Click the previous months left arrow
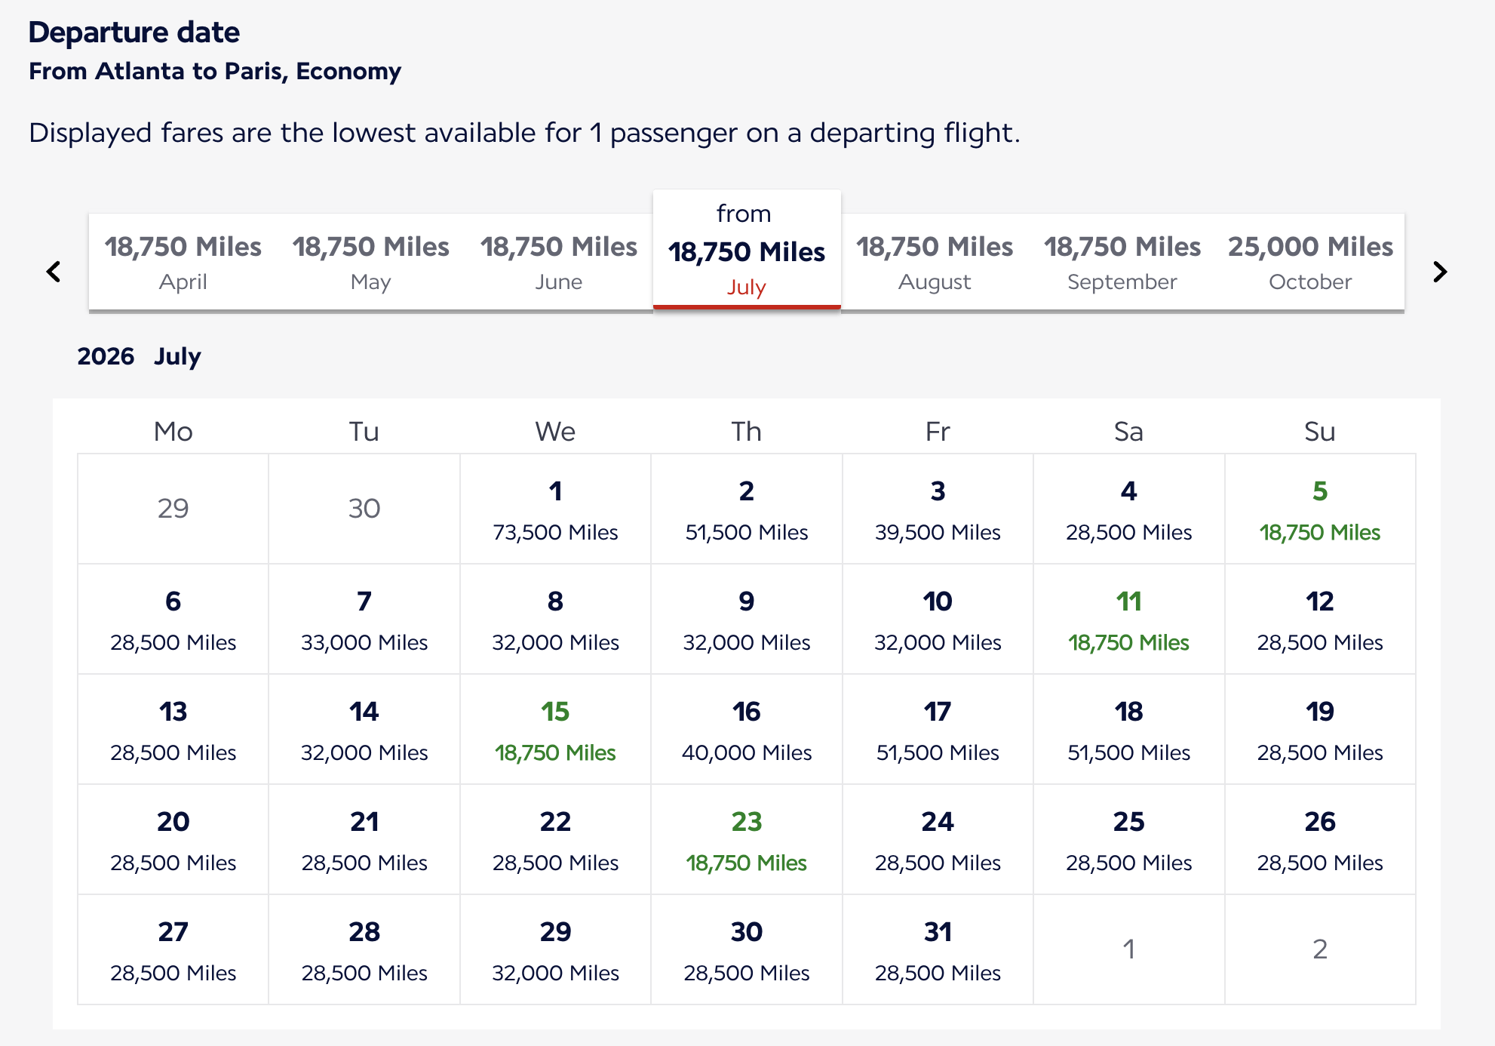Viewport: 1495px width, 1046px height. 54,272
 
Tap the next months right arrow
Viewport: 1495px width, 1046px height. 1439,272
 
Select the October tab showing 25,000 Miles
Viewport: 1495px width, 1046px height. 1310,262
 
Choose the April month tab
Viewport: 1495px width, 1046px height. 183,262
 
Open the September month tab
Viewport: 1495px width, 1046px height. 1122,262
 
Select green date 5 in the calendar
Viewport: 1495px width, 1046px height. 1319,509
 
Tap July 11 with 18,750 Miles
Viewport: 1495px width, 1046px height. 1128,620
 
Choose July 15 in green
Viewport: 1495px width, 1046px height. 555,730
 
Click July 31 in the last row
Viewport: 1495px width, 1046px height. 938,950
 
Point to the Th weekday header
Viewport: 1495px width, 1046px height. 746,432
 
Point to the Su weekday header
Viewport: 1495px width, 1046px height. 1319,432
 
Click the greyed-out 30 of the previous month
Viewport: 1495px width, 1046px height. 364,509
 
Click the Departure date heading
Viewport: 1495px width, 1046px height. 134,32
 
